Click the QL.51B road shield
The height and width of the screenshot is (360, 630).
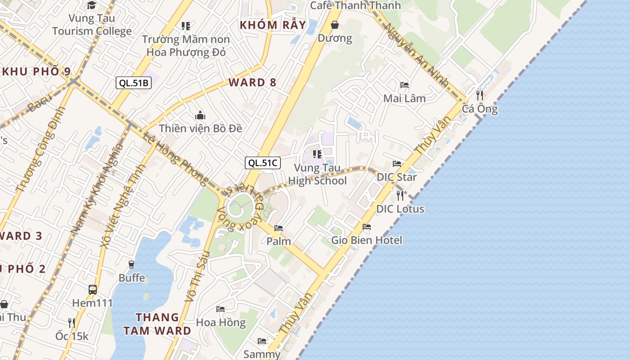[133, 83]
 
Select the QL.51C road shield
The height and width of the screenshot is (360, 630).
[263, 163]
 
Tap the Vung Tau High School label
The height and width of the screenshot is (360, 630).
[317, 175]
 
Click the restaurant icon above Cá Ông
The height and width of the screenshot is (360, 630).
[480, 95]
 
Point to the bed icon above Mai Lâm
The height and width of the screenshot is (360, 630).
[404, 85]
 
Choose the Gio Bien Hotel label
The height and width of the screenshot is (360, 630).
[367, 240]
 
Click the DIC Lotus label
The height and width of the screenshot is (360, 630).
[400, 209]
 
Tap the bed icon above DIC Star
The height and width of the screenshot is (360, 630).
[396, 164]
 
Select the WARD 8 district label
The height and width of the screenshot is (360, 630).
[252, 82]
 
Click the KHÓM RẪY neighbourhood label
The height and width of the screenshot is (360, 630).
[273, 25]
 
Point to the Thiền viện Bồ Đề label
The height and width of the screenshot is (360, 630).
[200, 128]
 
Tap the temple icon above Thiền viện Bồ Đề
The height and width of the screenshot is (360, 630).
[200, 116]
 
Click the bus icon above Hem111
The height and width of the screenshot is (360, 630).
[93, 289]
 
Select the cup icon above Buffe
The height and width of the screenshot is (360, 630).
[131, 264]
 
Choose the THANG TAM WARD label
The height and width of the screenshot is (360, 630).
[157, 324]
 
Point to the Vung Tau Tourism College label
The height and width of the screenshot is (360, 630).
[92, 25]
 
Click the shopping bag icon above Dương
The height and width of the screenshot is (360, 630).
[335, 25]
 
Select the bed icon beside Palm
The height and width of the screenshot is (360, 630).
[279, 228]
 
